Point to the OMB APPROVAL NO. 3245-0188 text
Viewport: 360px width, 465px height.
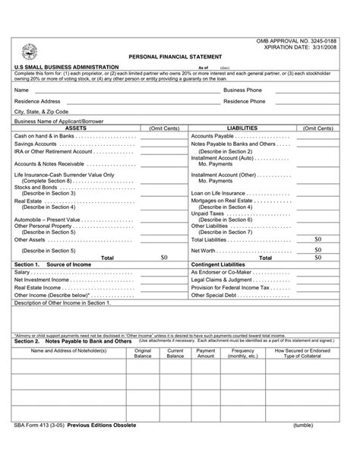pyautogui.click(x=308, y=39)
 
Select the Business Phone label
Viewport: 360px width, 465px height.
pyautogui.click(x=242, y=89)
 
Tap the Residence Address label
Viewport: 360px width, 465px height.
pyautogui.click(x=37, y=100)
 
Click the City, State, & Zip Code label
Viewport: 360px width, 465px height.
pyautogui.click(x=41, y=112)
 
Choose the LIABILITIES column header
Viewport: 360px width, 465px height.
pyautogui.click(x=242, y=128)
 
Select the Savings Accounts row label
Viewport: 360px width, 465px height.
pyautogui.click(x=36, y=144)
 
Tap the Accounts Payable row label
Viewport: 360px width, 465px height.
pyautogui.click(x=216, y=136)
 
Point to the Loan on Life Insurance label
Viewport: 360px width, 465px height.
pyautogui.click(x=218, y=193)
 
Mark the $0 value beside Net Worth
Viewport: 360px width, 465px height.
pyautogui.click(x=318, y=249)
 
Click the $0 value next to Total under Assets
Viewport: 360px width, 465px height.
pyautogui.click(x=164, y=257)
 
